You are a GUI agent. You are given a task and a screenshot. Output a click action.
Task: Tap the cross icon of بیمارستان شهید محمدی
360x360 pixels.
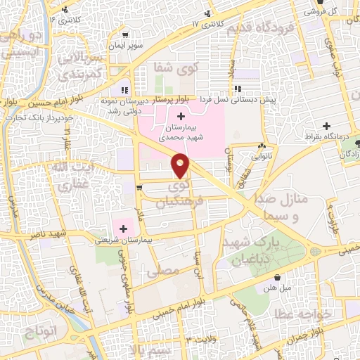coord(182,115)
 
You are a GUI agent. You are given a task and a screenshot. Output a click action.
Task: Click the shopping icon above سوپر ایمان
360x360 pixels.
coord(125,33)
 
